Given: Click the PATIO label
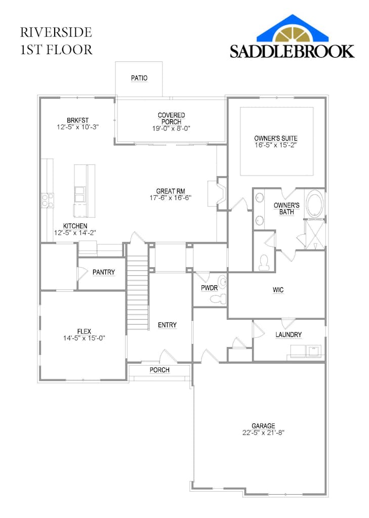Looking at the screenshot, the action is pyautogui.click(x=139, y=78).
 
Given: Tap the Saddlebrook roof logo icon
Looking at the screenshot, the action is pyautogui.click(x=293, y=29).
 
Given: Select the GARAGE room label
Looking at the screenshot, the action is pyautogui.click(x=263, y=426).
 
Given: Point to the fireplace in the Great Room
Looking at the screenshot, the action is pyautogui.click(x=217, y=194).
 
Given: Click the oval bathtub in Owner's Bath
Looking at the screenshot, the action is pyautogui.click(x=315, y=205).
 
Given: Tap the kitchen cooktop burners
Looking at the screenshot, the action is pyautogui.click(x=47, y=200).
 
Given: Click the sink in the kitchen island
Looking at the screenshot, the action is pyautogui.click(x=79, y=194).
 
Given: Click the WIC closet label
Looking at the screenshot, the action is pyautogui.click(x=278, y=290).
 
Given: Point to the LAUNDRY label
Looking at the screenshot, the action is pyautogui.click(x=289, y=335).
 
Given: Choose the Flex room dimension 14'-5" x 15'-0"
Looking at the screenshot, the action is pyautogui.click(x=84, y=338).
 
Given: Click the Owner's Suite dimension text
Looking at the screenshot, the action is pyautogui.click(x=275, y=145).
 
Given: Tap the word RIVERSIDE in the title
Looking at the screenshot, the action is pyautogui.click(x=56, y=32).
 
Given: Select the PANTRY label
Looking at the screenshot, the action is pyautogui.click(x=103, y=272).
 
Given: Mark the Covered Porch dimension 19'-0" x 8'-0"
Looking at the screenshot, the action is pyautogui.click(x=171, y=128).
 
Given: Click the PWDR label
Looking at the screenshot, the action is pyautogui.click(x=209, y=288).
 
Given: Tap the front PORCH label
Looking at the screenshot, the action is pyautogui.click(x=159, y=370).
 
